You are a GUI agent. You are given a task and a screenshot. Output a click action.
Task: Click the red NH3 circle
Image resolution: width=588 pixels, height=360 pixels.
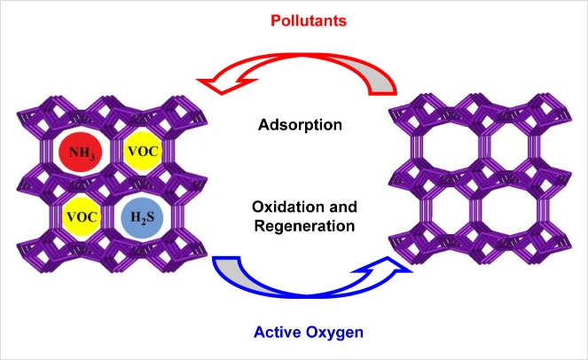pos(78,153)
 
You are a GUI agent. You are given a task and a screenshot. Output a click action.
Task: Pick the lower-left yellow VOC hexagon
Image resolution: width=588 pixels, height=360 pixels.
pos(79,215)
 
